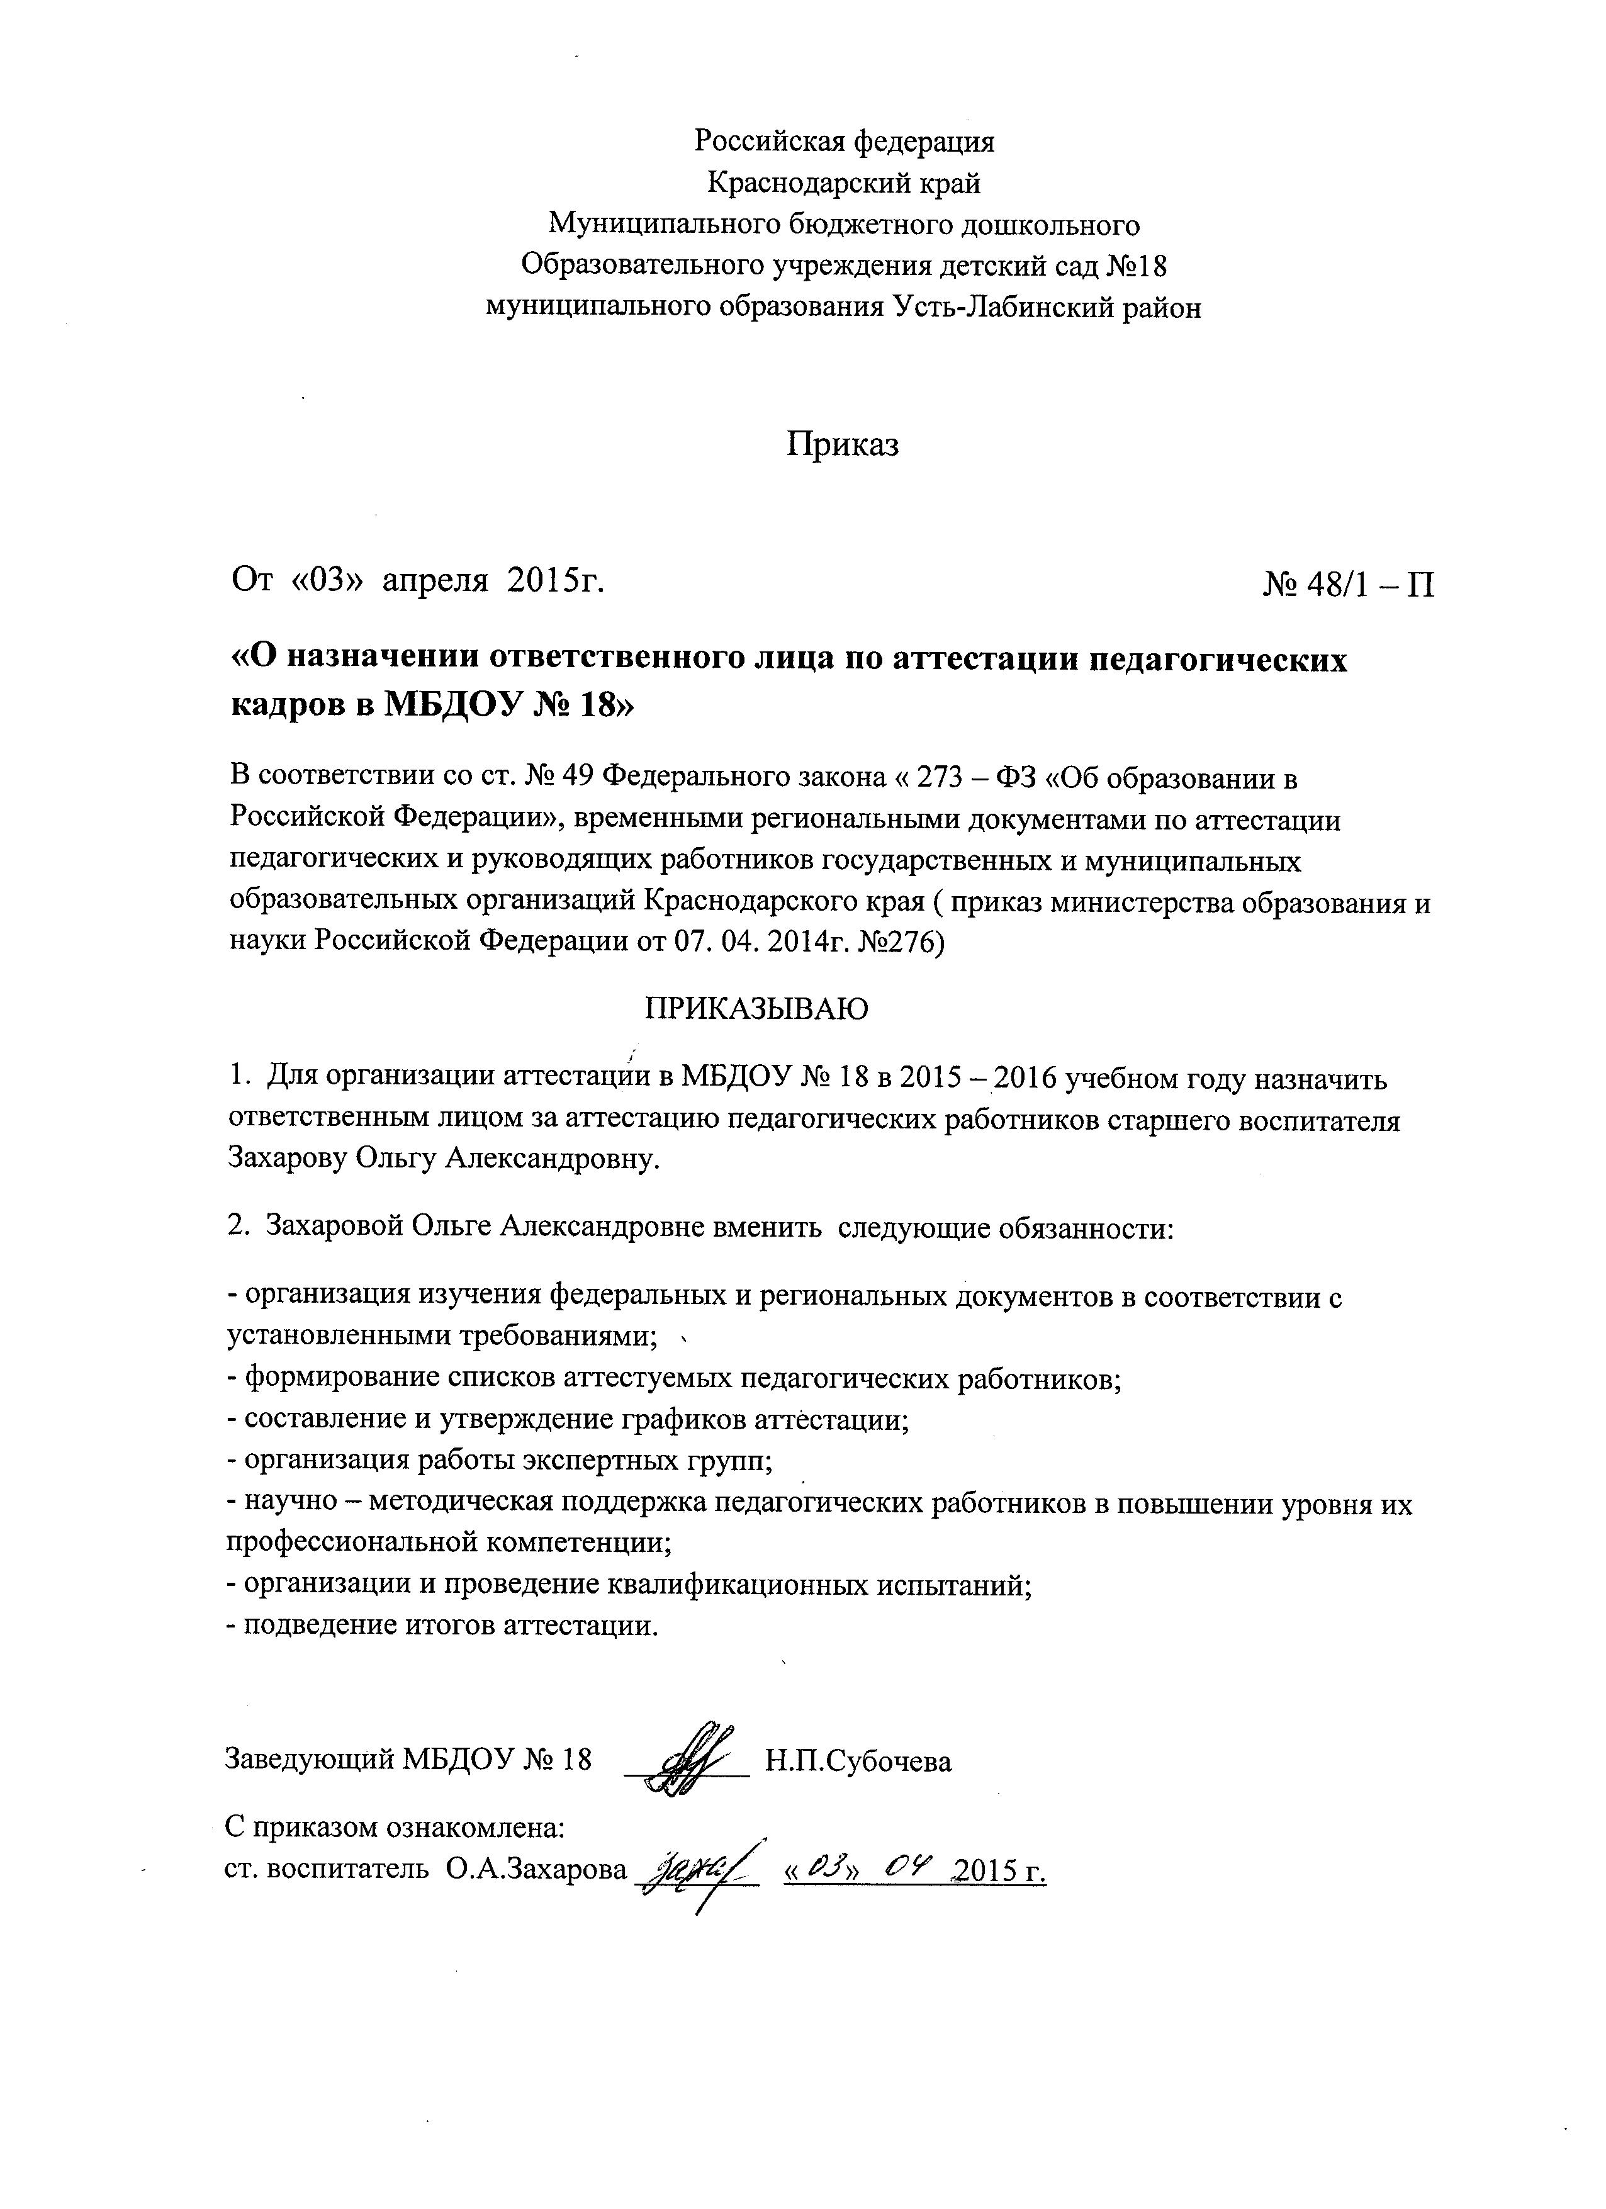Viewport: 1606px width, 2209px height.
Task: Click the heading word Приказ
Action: tap(843, 444)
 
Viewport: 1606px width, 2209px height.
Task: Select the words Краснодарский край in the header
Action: tap(843, 182)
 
